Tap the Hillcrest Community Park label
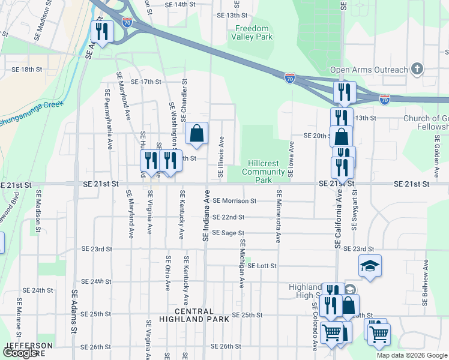pos(264,172)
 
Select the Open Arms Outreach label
pos(369,70)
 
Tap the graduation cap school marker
pos(370,266)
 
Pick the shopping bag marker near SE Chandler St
pos(196,135)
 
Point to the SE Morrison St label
pos(235,201)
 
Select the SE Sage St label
pos(229,233)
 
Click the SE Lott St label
pos(262,265)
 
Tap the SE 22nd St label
pos(229,217)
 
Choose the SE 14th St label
pos(180,4)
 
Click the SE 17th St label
pos(146,82)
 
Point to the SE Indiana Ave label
pos(206,216)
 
